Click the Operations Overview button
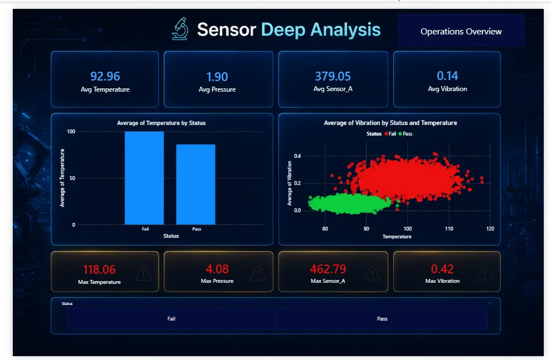461,31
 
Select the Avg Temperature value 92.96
105,76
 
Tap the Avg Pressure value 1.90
217,77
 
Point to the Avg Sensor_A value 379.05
333,76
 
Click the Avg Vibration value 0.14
447,76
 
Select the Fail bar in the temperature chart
144,178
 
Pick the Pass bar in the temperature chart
196,184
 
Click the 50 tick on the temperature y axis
72,178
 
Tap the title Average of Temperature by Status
161,123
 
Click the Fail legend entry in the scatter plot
390,133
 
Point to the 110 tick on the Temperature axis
449,228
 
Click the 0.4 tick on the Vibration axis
297,156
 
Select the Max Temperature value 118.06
99,269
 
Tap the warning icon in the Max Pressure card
258,273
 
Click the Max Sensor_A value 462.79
328,269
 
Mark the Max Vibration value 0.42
443,269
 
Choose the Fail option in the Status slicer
171,318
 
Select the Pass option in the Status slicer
382,318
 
